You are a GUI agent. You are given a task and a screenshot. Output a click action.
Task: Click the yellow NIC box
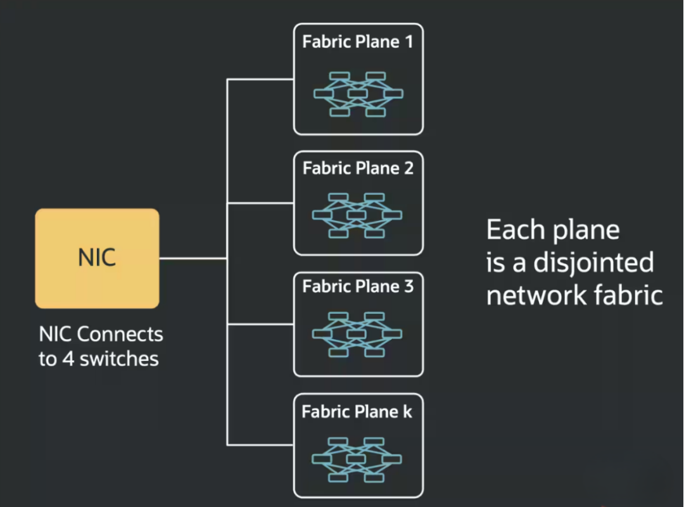click(x=97, y=258)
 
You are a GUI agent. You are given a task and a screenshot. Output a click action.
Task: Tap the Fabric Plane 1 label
click(x=358, y=42)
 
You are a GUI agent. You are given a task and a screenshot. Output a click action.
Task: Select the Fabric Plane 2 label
click(x=358, y=168)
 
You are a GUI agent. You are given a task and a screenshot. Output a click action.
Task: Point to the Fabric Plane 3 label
click(x=358, y=287)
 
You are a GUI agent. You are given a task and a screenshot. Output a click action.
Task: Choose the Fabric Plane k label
click(x=357, y=412)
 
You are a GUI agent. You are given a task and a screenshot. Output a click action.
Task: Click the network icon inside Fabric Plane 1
click(x=358, y=94)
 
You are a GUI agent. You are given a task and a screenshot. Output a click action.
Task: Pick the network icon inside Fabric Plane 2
click(x=357, y=216)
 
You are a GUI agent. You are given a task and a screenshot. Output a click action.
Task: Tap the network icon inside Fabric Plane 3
click(x=357, y=334)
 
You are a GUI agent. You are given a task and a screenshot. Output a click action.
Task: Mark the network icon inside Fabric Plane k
click(x=357, y=459)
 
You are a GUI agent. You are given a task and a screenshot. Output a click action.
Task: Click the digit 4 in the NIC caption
click(x=68, y=360)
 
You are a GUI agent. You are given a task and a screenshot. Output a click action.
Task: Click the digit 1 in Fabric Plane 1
click(x=408, y=42)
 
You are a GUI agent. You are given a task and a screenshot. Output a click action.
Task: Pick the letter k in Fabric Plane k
click(x=407, y=412)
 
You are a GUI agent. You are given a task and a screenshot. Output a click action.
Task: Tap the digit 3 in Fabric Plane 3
click(x=408, y=287)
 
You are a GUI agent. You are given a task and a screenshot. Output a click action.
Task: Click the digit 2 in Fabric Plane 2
click(x=408, y=168)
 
